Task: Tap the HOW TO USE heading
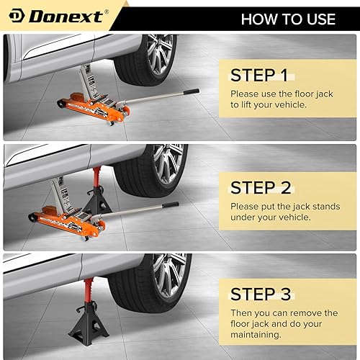click(x=288, y=18)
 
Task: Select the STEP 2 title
click(x=261, y=188)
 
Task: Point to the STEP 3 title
click(x=261, y=294)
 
